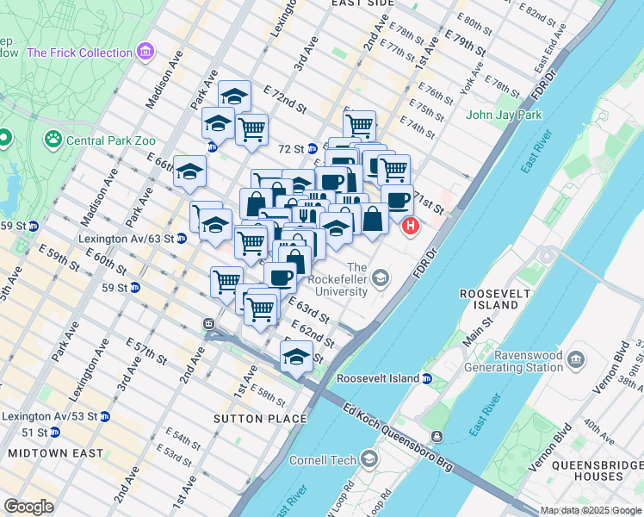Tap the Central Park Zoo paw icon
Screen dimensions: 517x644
pos(53,137)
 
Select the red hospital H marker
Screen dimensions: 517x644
pos(411,227)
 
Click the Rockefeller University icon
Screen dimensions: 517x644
pos(380,278)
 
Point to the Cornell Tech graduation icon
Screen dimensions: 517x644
pos(370,457)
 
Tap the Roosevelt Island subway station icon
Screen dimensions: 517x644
pos(426,378)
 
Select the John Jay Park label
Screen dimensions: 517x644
pos(504,115)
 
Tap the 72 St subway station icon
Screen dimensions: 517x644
pos(313,148)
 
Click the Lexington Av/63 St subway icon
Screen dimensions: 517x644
pos(182,238)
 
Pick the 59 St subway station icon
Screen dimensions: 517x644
pos(135,288)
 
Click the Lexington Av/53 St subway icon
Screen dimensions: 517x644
pos(105,416)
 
